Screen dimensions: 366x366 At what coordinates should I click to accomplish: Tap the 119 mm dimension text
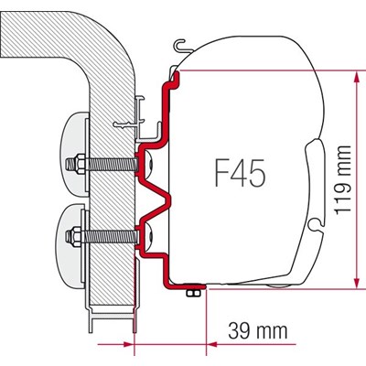[x=342, y=180]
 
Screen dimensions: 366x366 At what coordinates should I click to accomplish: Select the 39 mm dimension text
[x=258, y=330]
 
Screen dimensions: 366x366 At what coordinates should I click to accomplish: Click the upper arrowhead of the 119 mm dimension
[x=355, y=77]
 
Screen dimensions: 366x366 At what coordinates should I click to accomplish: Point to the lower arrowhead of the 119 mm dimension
[x=355, y=282]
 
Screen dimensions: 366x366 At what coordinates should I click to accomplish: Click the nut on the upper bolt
[x=79, y=164]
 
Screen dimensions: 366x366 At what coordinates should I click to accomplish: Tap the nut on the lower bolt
[x=78, y=236]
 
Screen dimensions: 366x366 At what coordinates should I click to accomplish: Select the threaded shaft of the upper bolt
[x=112, y=165]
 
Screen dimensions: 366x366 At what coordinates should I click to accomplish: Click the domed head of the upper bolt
[x=148, y=165]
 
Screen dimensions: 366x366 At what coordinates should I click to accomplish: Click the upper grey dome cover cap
[x=74, y=154]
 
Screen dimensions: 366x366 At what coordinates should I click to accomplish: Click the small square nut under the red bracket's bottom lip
[x=193, y=293]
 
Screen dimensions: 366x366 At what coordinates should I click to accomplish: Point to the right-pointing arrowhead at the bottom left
[x=128, y=345]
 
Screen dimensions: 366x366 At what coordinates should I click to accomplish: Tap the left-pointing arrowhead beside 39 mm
[x=212, y=345]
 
